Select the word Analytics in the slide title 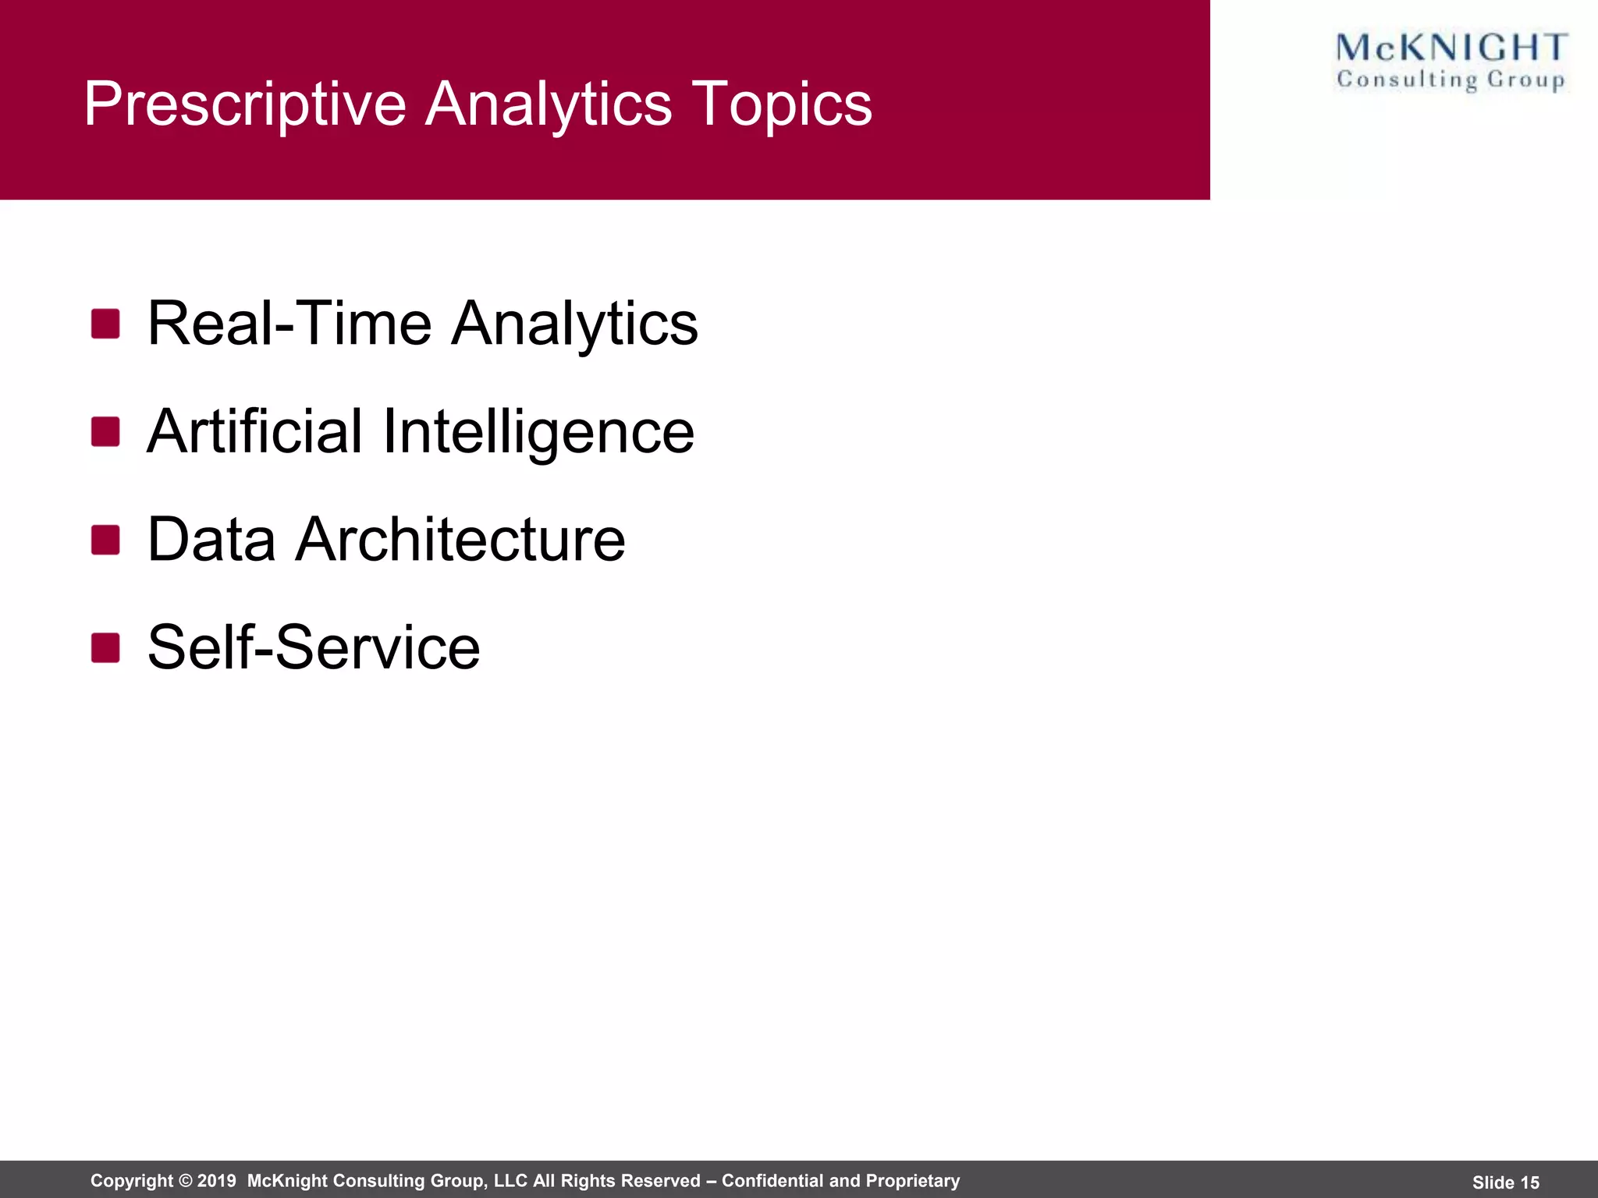pyautogui.click(x=548, y=105)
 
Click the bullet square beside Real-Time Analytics pyautogui.click(x=105, y=324)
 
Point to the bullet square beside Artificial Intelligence pyautogui.click(x=105, y=431)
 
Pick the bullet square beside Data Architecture pyautogui.click(x=105, y=540)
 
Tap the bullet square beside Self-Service pyautogui.click(x=105, y=647)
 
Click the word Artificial pyautogui.click(x=254, y=431)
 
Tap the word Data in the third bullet pyautogui.click(x=211, y=540)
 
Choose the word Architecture pyautogui.click(x=460, y=540)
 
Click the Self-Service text pyautogui.click(x=314, y=647)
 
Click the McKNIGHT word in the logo pyautogui.click(x=1451, y=48)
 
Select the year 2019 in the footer pyautogui.click(x=217, y=1181)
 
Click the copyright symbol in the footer pyautogui.click(x=185, y=1181)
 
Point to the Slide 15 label pyautogui.click(x=1506, y=1182)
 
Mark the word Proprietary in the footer pyautogui.click(x=914, y=1181)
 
